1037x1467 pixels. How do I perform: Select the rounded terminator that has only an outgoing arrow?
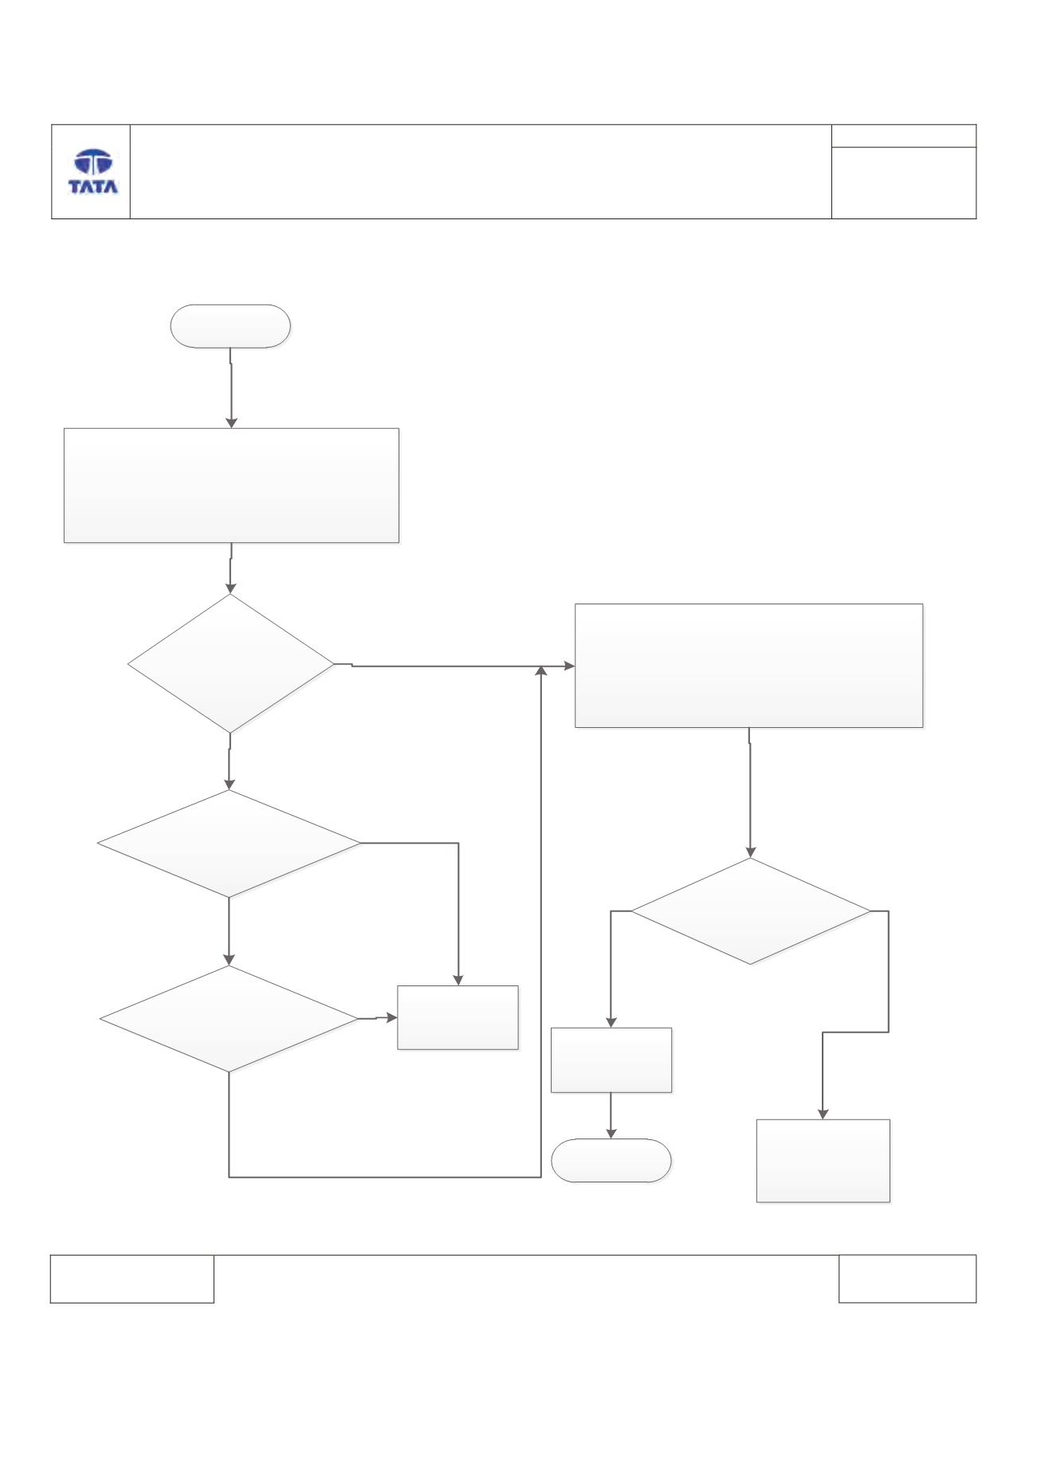[230, 326]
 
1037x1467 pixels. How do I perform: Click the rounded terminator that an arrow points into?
[611, 1160]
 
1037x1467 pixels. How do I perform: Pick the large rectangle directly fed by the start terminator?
[231, 486]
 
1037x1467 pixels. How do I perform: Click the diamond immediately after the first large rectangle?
[230, 663]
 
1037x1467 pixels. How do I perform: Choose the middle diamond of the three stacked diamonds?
[229, 844]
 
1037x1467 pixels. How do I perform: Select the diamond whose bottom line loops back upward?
[229, 1019]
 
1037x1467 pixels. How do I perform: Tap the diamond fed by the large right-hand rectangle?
[751, 910]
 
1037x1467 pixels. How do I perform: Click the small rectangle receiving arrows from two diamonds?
[458, 1017]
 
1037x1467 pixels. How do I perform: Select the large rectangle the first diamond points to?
[749, 666]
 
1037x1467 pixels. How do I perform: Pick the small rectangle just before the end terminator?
[611, 1060]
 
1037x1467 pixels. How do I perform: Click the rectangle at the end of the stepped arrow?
[823, 1160]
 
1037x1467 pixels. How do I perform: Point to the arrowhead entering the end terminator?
[611, 1133]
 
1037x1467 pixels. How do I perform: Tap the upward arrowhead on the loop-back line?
[542, 672]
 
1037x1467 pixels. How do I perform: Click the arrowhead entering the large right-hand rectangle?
[569, 666]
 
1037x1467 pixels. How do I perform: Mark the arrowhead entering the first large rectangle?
[231, 423]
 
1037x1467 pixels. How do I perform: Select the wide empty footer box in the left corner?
[132, 1279]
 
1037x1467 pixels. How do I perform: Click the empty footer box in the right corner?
[907, 1279]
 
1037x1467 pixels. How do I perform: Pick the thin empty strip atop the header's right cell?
[904, 136]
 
